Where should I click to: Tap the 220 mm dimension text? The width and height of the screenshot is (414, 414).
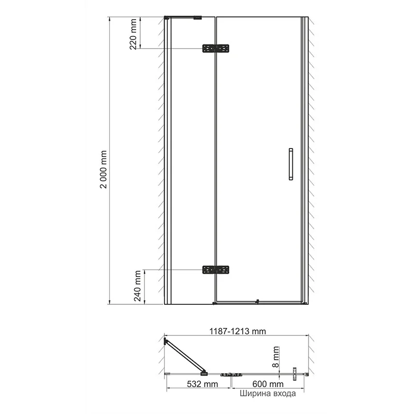(x=134, y=34)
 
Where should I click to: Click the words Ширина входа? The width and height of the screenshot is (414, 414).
(x=267, y=394)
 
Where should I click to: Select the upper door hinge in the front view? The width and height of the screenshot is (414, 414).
(x=215, y=49)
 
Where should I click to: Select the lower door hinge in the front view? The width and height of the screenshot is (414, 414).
(x=215, y=270)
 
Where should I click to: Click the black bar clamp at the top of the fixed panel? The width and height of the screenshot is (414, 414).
(x=197, y=18)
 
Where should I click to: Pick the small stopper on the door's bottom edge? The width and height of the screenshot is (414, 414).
(x=257, y=301)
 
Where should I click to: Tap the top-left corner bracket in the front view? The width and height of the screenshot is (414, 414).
(x=167, y=18)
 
